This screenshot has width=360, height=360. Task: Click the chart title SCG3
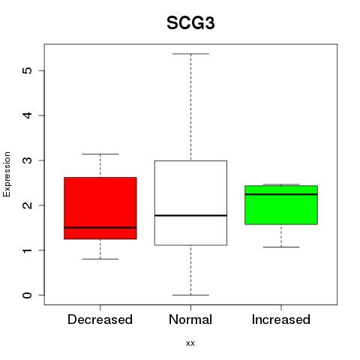coord(190,23)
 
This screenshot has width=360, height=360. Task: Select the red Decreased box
coord(100,208)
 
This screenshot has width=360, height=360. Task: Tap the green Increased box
coord(281,205)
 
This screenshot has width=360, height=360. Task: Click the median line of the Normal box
coord(190,215)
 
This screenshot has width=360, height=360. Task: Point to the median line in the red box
coord(100,227)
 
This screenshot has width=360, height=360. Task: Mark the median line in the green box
coord(281,194)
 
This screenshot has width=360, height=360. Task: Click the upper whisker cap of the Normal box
coord(190,54)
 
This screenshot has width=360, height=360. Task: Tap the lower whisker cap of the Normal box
coord(190,295)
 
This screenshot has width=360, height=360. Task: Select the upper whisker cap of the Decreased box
coord(100,154)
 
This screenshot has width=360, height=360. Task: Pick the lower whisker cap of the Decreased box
coord(100,259)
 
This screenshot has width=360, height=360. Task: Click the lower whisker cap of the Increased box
coord(281,247)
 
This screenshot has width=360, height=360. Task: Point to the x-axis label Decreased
coord(100,319)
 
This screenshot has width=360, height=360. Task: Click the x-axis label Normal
coord(190,319)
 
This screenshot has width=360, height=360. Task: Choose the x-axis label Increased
coord(281,319)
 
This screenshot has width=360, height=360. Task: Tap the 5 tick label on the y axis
coord(27,70)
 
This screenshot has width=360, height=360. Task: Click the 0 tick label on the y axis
coord(27,295)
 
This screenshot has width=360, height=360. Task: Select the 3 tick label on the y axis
coord(27,160)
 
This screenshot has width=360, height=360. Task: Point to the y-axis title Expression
coord(7,174)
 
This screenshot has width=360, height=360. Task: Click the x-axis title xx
coord(190,343)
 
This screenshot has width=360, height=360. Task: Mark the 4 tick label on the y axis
coord(27,115)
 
